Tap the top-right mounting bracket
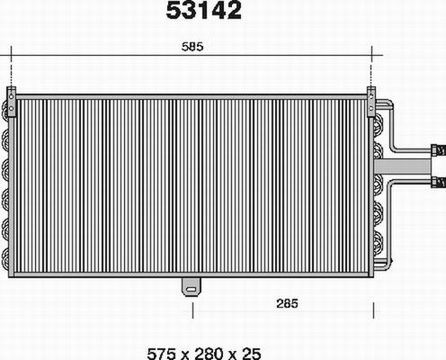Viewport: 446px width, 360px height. pyautogui.click(x=371, y=94)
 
